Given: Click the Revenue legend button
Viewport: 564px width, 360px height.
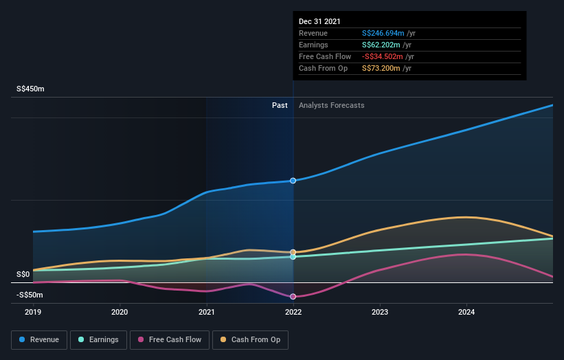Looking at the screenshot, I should [x=39, y=339].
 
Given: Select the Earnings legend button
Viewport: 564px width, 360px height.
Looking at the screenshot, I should [x=99, y=339].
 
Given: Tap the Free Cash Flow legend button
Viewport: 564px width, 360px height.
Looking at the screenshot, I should [x=169, y=339].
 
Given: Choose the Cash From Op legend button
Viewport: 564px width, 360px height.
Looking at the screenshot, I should [x=251, y=339].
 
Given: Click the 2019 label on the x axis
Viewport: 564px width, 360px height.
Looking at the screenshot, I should [x=33, y=312].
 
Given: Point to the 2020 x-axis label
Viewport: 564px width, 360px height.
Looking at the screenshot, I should [x=120, y=312].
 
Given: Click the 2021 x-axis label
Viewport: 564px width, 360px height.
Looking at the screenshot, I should [x=207, y=312].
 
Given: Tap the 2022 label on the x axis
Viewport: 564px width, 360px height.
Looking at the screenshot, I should [x=293, y=312].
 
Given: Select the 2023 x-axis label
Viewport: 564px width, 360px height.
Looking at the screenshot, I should [x=380, y=312].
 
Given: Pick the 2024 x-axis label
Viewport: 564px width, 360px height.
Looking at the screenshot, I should [x=466, y=312].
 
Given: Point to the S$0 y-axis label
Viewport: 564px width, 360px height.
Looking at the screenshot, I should [x=23, y=275].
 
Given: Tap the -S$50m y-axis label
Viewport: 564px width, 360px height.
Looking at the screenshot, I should [x=30, y=295].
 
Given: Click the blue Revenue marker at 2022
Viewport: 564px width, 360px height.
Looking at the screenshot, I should [x=293, y=181].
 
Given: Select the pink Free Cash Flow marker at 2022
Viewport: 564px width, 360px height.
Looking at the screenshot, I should [x=293, y=297].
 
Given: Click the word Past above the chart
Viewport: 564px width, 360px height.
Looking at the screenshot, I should [x=280, y=106].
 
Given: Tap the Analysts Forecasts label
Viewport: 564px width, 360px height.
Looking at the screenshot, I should [x=332, y=106].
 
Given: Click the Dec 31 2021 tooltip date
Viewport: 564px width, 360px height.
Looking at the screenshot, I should [x=319, y=22].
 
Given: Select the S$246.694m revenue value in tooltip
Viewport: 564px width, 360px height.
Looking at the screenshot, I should [x=387, y=34].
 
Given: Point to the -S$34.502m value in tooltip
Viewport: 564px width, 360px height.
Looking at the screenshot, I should [x=387, y=57].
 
